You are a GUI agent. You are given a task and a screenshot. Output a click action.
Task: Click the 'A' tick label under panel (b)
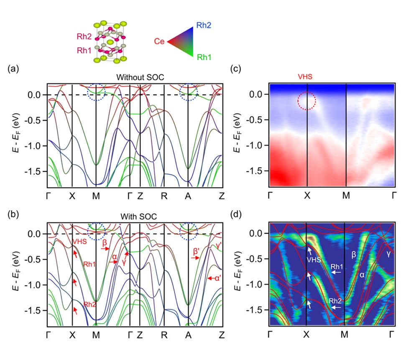(188, 335)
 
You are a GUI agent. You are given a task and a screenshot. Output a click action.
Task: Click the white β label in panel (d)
(353, 253)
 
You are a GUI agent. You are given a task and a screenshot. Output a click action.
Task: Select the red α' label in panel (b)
(217, 277)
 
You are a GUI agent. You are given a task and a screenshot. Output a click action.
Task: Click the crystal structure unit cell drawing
(110, 42)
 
